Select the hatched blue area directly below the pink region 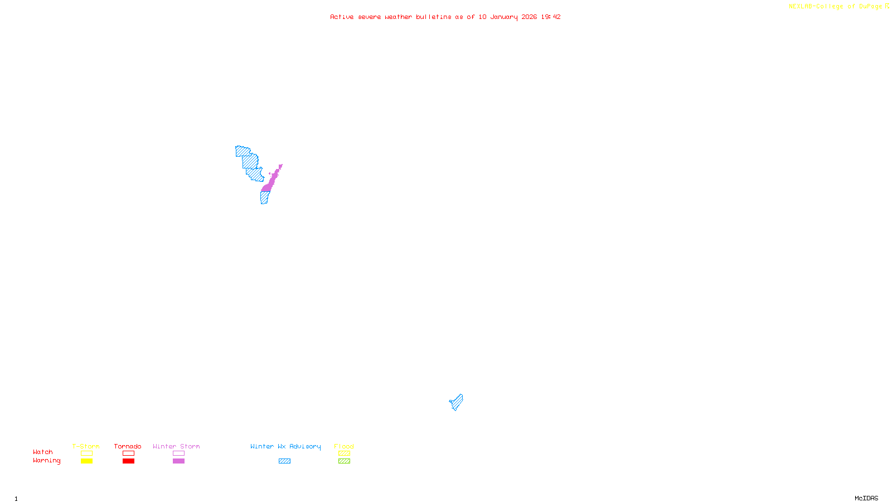[x=265, y=197]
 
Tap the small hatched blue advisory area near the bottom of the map [x=457, y=402]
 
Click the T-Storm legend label [x=86, y=446]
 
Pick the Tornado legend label [x=128, y=446]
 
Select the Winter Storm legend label [x=176, y=446]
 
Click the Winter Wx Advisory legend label [x=285, y=446]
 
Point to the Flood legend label [x=344, y=446]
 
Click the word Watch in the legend [x=43, y=452]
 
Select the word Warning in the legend [x=46, y=461]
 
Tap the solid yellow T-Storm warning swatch [x=86, y=461]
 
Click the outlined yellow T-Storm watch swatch [x=86, y=453]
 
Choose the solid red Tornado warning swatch [x=128, y=461]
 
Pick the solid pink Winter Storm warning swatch [x=178, y=461]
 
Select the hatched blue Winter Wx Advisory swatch [x=284, y=461]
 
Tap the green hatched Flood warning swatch [x=344, y=461]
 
